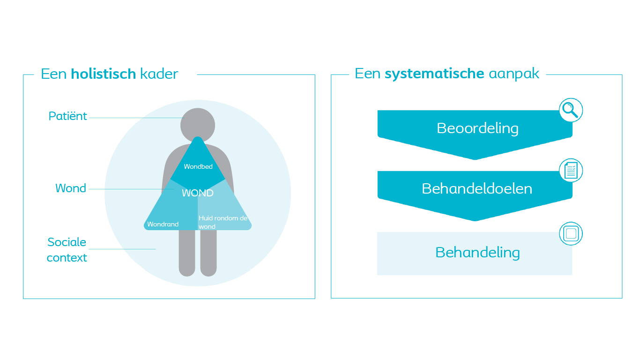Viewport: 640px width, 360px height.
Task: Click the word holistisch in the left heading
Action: pos(103,74)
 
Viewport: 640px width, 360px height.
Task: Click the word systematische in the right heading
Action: pos(434,74)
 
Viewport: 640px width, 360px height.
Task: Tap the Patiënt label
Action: pos(68,116)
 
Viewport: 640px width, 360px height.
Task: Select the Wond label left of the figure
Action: pos(71,188)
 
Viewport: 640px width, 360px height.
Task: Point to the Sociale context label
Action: pos(67,250)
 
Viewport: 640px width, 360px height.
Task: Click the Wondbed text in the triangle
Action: pos(198,166)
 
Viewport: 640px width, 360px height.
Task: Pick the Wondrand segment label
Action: pos(163,224)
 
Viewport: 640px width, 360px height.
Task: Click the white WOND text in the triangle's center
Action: pos(198,193)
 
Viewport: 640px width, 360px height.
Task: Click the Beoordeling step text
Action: pos(477,128)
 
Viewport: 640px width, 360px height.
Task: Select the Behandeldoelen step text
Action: pos(477,188)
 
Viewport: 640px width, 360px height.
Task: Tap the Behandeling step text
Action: pos(477,253)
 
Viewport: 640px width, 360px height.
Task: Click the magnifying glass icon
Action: pos(571,110)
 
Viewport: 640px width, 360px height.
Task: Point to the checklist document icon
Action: pos(571,171)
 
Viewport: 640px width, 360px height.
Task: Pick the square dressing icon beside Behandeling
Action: pos(571,233)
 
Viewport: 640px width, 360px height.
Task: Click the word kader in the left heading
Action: pos(159,74)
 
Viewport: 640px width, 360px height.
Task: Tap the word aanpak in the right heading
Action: pos(514,74)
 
